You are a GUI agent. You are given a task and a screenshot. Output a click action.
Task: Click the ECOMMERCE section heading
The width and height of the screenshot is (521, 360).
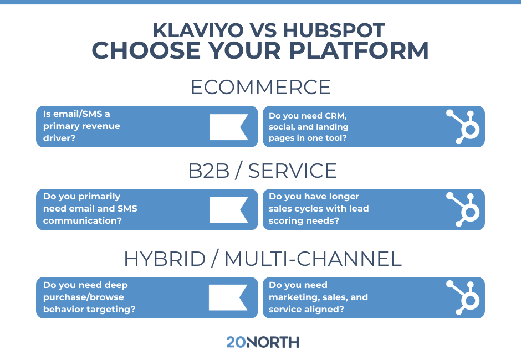260,88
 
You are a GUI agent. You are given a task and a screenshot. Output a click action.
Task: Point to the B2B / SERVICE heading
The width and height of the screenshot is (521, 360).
263,171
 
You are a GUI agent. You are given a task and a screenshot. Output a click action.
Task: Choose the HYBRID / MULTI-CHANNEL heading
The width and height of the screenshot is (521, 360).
263,259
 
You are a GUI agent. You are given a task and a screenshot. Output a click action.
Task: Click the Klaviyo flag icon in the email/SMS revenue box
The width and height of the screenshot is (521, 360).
228,127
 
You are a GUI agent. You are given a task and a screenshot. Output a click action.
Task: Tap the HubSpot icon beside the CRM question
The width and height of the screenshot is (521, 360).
464,126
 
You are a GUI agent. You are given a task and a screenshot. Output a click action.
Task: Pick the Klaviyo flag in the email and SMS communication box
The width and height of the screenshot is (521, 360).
228,209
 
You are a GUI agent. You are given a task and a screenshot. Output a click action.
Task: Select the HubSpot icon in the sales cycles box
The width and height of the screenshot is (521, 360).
464,209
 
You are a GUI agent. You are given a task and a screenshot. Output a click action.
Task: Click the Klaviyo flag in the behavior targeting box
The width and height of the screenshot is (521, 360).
228,297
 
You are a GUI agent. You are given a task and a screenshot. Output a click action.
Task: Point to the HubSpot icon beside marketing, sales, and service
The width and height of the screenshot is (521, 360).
464,297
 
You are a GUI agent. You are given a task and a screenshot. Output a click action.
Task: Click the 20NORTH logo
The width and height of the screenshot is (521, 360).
262,342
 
